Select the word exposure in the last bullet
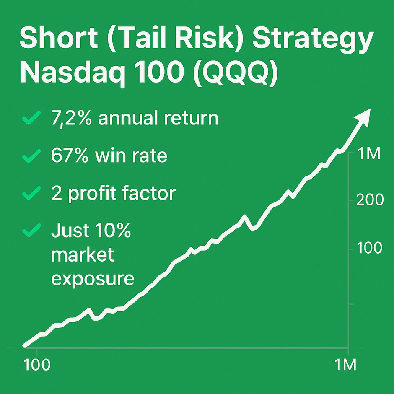pyautogui.click(x=93, y=278)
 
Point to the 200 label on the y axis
pyautogui.click(x=369, y=200)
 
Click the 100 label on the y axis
pyautogui.click(x=369, y=248)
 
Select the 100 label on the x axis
pyautogui.click(x=38, y=364)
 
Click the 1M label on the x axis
pyautogui.click(x=345, y=364)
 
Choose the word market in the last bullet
pyautogui.click(x=83, y=254)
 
